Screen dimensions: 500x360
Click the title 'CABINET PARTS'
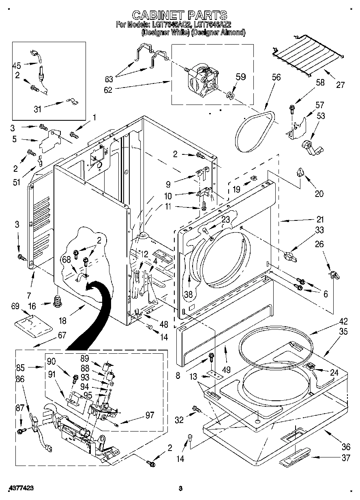(x=180, y=15)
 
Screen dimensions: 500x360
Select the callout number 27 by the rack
(x=340, y=85)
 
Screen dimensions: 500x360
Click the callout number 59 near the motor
(x=241, y=77)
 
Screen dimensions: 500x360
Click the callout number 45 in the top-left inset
(x=17, y=65)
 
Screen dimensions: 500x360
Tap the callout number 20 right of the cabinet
(x=319, y=194)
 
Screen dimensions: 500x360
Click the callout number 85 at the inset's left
(x=21, y=368)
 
